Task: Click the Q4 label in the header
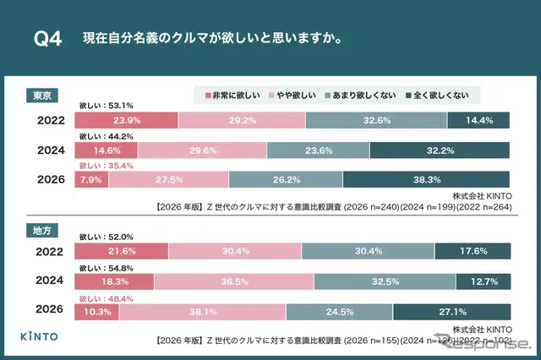[x=46, y=40]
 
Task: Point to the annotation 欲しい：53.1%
[x=106, y=106]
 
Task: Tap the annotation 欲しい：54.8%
[x=106, y=268]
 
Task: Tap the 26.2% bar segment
[x=286, y=179]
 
